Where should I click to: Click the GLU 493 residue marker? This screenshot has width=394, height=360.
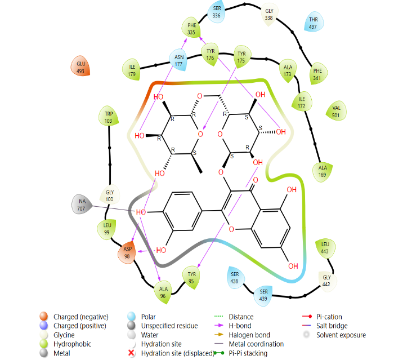click(x=80, y=66)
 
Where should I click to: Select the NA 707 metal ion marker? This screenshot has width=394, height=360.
click(x=82, y=205)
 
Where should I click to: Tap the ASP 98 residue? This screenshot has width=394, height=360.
click(x=127, y=252)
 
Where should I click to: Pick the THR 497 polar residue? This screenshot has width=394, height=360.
click(x=314, y=22)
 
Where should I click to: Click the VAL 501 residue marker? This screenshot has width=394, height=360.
click(x=336, y=111)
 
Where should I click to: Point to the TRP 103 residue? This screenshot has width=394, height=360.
click(x=108, y=117)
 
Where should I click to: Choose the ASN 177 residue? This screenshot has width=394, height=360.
click(x=178, y=60)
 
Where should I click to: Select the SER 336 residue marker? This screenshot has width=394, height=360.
click(x=217, y=12)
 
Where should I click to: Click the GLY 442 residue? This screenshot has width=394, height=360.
click(x=326, y=281)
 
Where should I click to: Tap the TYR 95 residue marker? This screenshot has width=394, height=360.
click(x=191, y=277)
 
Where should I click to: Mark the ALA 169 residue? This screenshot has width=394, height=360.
click(x=323, y=171)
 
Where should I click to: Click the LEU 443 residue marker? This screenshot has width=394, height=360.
click(x=325, y=248)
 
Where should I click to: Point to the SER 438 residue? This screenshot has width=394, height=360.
click(x=235, y=277)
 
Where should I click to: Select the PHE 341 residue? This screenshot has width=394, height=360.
click(x=318, y=74)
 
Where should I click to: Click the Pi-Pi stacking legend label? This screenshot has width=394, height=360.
click(x=248, y=353)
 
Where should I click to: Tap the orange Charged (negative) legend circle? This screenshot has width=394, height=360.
click(x=44, y=316)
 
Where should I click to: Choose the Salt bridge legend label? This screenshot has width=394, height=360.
click(x=332, y=326)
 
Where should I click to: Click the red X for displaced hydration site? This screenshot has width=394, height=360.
click(x=131, y=353)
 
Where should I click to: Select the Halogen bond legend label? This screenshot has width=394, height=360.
click(x=249, y=335)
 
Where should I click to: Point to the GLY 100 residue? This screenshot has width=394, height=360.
click(x=110, y=195)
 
